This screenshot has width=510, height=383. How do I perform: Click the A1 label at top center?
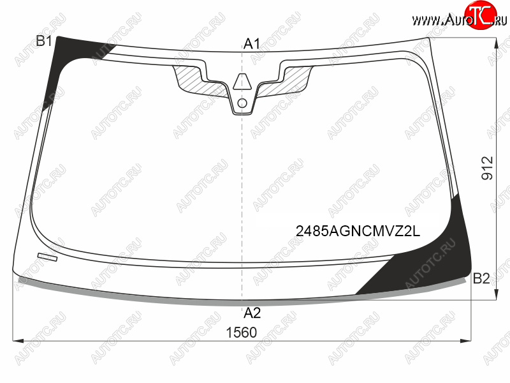(x=252, y=43)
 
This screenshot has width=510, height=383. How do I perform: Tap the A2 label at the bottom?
(x=252, y=313)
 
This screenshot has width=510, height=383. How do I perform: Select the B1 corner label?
(x=44, y=41)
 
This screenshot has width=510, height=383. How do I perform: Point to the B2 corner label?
(x=481, y=278)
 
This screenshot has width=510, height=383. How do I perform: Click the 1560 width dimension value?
(x=242, y=333)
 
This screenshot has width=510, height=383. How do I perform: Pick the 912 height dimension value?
(x=487, y=168)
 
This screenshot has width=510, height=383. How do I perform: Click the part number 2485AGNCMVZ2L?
(x=358, y=231)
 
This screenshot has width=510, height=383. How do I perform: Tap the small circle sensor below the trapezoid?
(x=242, y=103)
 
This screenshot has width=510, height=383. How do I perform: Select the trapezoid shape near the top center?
(x=242, y=82)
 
